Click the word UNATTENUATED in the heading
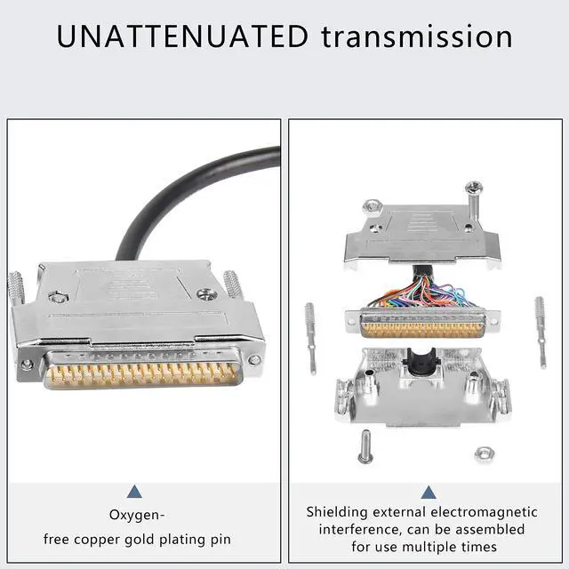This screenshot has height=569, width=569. (x=182, y=36)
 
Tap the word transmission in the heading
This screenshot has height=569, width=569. (x=416, y=36)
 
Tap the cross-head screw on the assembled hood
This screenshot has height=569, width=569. (x=206, y=294)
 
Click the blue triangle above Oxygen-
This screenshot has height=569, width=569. (x=134, y=492)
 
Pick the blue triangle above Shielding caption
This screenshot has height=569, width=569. (x=428, y=492)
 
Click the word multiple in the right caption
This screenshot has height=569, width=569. (x=443, y=546)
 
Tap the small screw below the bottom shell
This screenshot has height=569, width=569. (x=364, y=445)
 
